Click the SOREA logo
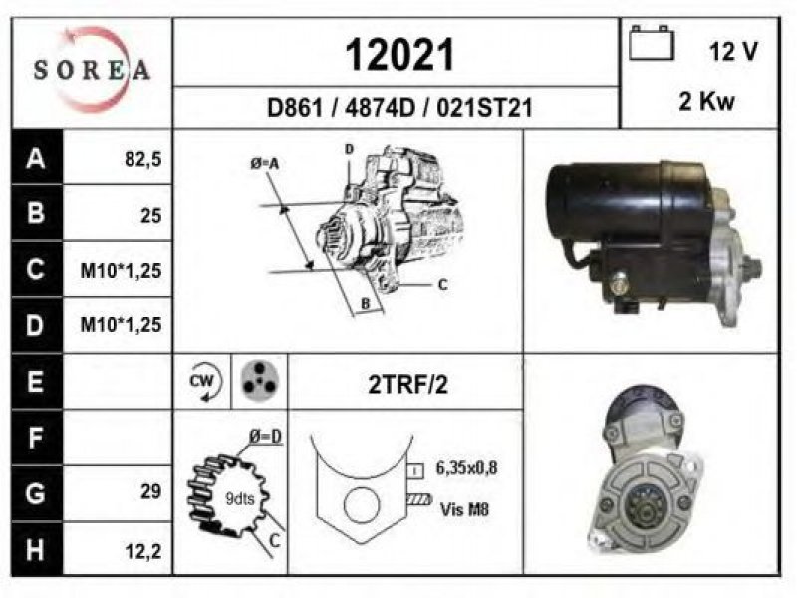92,70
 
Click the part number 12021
399,55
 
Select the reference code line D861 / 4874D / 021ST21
399,108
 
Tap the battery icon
652,43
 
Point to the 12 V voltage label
733,51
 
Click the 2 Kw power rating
706,101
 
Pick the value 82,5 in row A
142,159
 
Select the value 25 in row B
151,215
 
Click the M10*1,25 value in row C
121,270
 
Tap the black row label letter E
35,381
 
